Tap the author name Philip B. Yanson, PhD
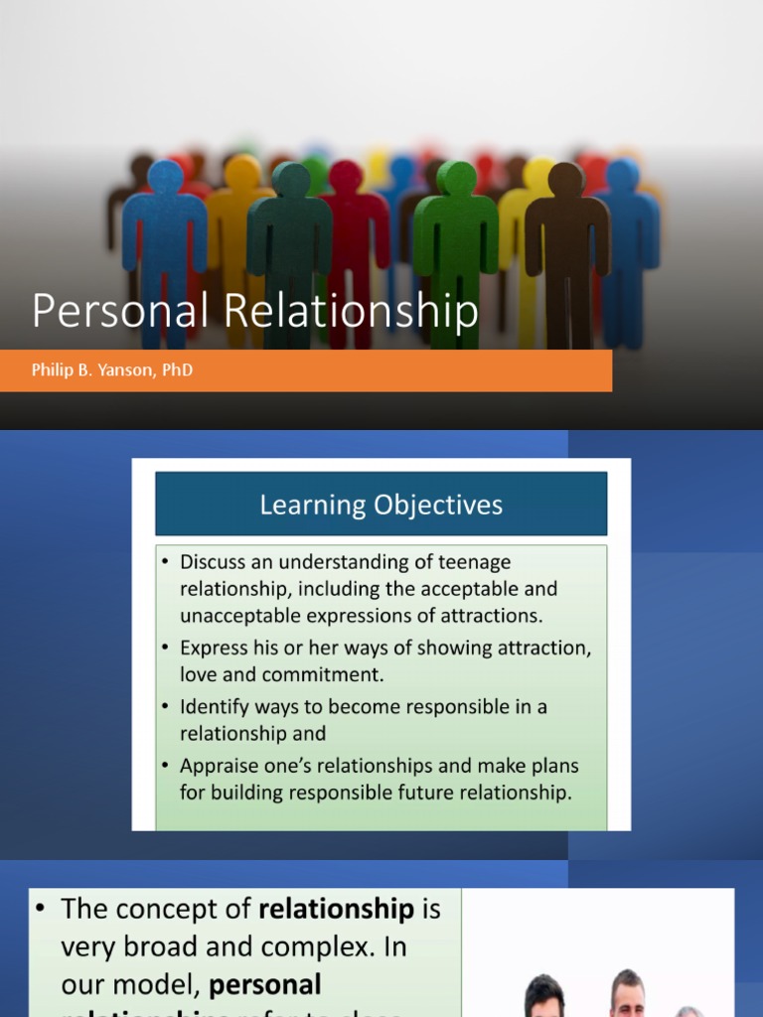click(x=112, y=371)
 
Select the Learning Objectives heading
click(x=381, y=505)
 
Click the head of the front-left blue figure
click(x=165, y=177)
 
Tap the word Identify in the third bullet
click(x=212, y=706)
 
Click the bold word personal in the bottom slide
click(x=265, y=984)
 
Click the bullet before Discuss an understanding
click(x=166, y=562)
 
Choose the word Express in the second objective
click(x=214, y=648)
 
